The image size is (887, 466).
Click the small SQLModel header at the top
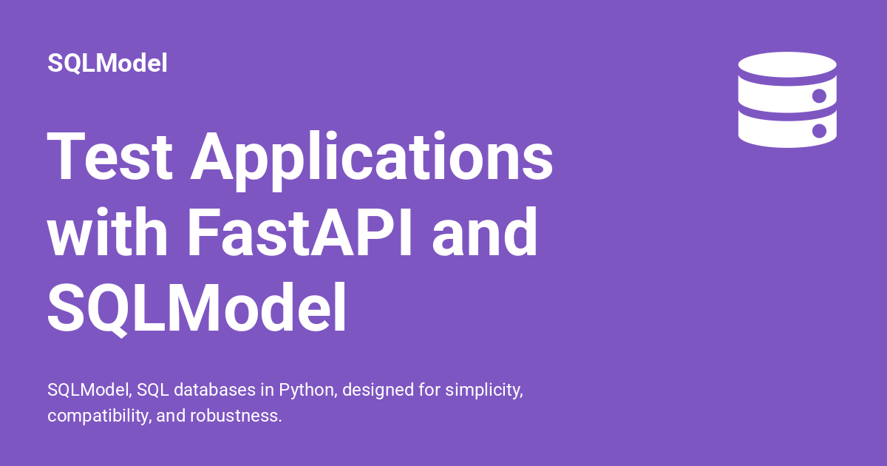107,64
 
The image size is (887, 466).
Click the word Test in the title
109,156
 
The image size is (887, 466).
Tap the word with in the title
107,232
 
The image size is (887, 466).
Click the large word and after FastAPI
485,232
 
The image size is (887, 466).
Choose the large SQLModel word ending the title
197,308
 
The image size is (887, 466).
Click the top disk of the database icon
787,64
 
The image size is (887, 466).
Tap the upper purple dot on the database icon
819,96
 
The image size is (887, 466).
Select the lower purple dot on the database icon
819,131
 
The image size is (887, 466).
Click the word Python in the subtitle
308,391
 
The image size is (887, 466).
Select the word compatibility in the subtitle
100,416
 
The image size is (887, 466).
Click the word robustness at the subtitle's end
236,416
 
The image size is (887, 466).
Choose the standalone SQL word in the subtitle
153,390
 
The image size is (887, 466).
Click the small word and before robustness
171,416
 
